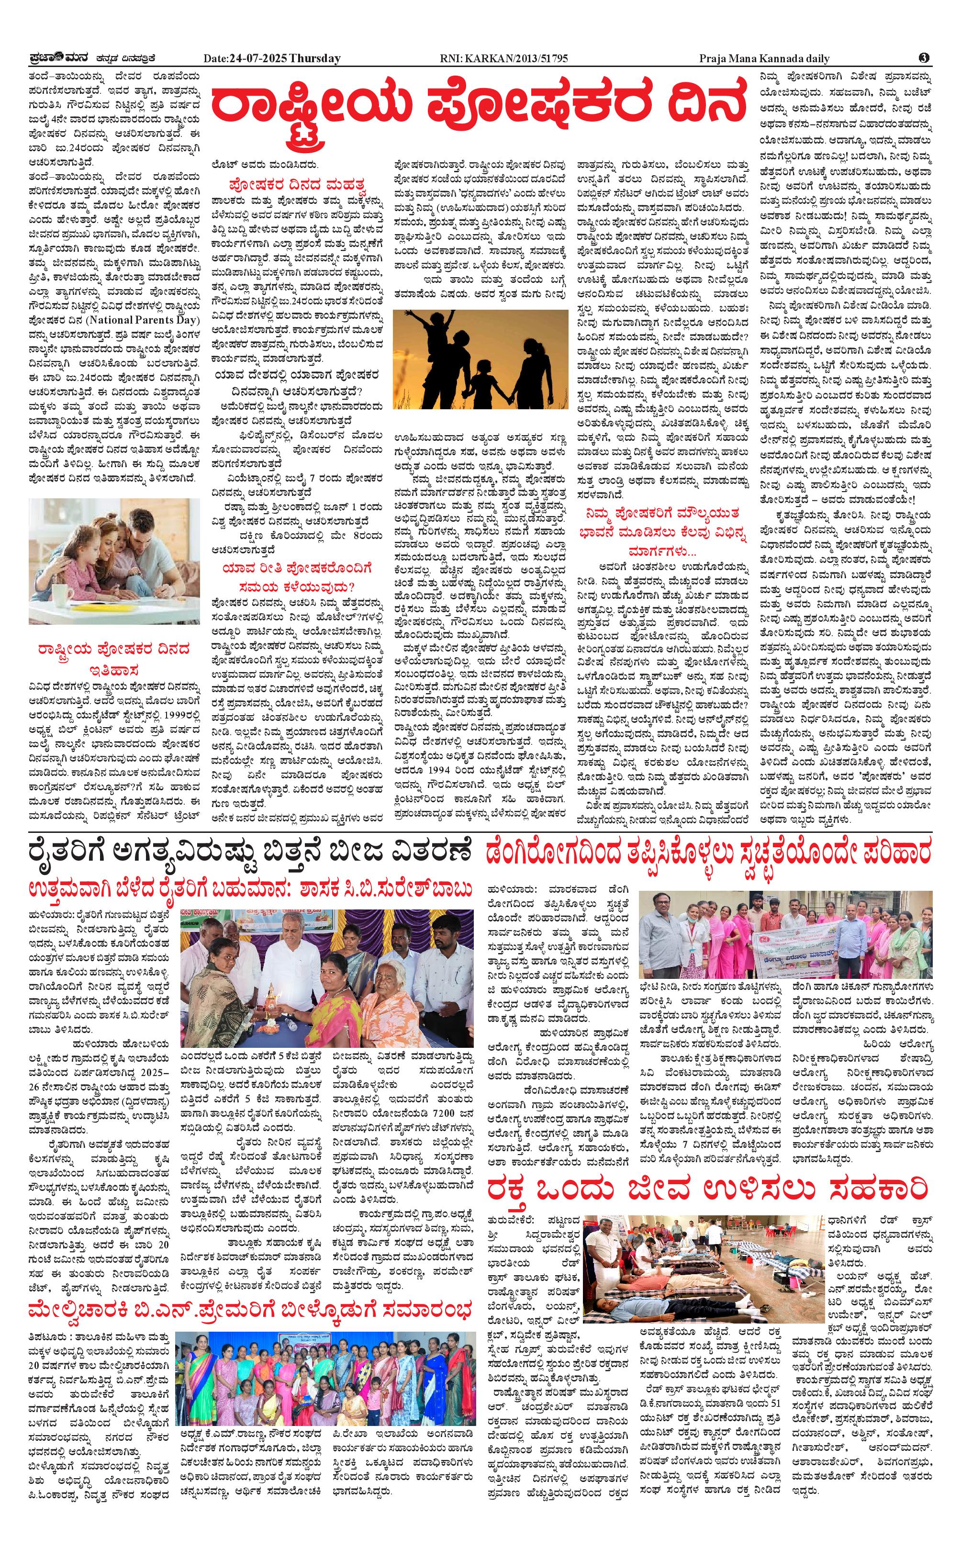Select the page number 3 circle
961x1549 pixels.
click(925, 58)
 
